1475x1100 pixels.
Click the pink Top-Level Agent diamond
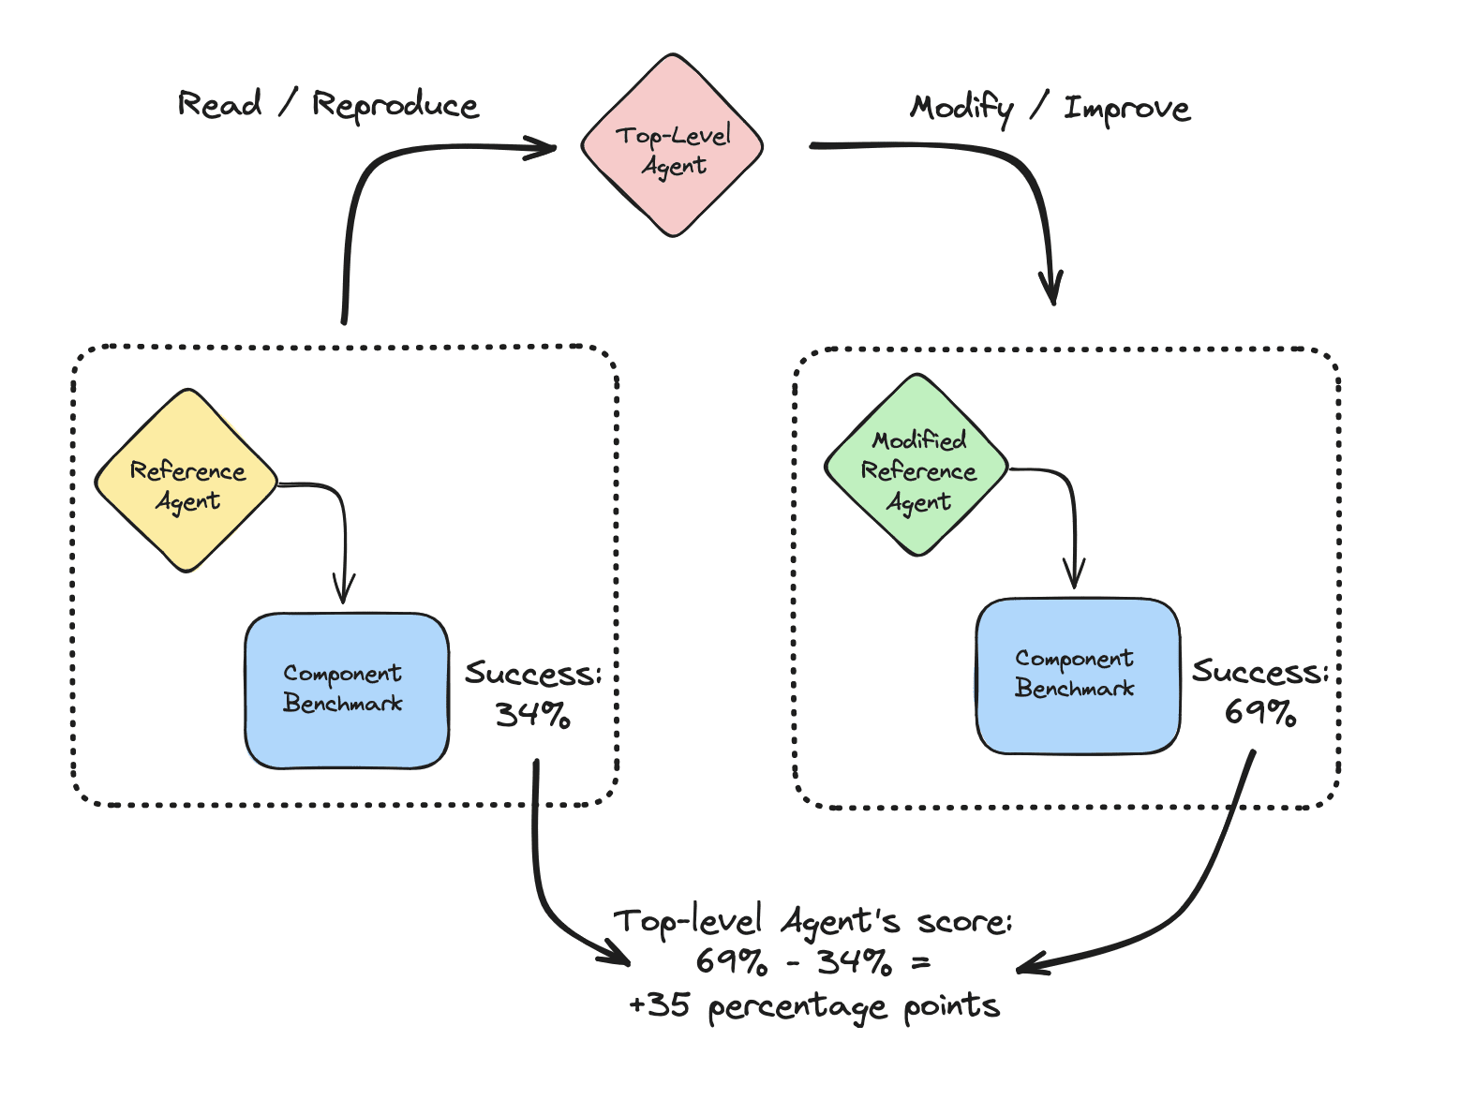coord(672,146)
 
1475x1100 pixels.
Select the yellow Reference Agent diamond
coord(186,481)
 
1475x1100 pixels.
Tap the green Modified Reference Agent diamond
coord(916,466)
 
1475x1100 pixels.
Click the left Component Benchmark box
coord(346,691)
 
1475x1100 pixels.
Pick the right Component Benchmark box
coord(1077,676)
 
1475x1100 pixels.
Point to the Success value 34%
coord(532,716)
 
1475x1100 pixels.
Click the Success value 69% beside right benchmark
coord(1260,713)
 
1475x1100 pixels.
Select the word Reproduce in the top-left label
coord(395,106)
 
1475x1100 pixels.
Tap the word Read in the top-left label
coord(219,103)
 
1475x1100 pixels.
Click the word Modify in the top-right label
coord(961,109)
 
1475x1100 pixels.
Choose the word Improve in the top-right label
coord(1126,110)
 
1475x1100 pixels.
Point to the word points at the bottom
coord(951,1007)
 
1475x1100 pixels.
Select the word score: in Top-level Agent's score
coord(964,923)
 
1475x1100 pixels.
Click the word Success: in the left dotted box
coord(532,674)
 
